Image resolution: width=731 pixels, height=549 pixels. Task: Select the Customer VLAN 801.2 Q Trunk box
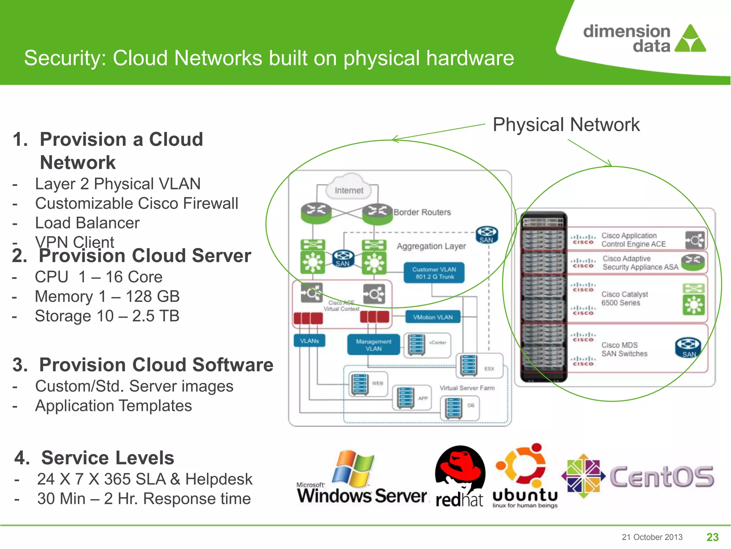pos(434,273)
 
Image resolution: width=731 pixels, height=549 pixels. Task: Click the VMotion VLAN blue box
pos(433,317)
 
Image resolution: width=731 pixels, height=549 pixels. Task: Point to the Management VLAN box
pos(373,345)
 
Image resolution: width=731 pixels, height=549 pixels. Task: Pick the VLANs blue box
pos(309,341)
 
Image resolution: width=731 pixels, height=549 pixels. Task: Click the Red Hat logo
pos(460,477)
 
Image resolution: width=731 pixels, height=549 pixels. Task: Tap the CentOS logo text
pos(661,477)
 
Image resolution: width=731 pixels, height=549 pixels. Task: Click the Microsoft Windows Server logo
pos(361,479)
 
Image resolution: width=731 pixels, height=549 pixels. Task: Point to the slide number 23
pos(712,537)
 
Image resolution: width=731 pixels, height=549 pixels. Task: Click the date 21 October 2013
pos(652,537)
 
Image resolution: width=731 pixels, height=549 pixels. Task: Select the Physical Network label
pos(566,125)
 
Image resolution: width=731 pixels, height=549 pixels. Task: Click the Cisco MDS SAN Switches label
pos(624,349)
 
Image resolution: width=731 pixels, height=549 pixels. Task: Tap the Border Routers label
pos(422,212)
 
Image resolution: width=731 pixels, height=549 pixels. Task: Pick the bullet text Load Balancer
pos(87,223)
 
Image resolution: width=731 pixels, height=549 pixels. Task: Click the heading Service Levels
pos(107,458)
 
